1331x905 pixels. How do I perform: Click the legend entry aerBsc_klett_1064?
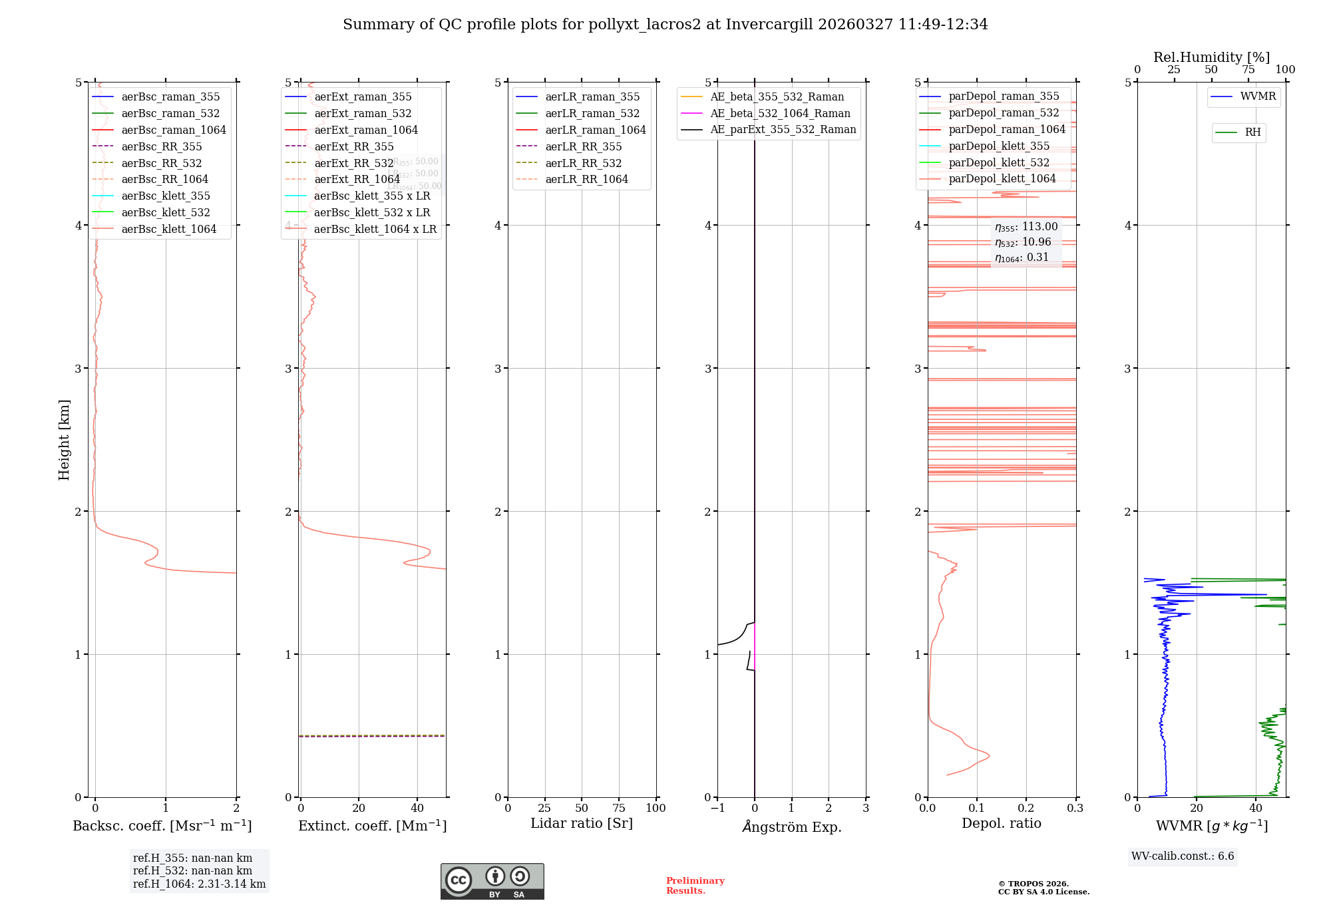tap(168, 229)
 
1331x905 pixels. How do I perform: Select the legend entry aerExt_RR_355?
tap(353, 146)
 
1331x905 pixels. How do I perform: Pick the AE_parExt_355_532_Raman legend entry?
tap(783, 129)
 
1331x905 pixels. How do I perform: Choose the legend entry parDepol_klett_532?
tap(998, 162)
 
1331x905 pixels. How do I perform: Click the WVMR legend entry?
tap(1258, 96)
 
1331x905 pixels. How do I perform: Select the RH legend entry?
tap(1252, 132)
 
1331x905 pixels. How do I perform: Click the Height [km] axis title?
tap(64, 440)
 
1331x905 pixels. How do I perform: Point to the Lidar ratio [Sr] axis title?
tap(581, 823)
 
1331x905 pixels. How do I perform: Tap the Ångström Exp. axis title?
tap(791, 826)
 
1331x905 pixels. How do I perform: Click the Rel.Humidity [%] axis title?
tap(1211, 57)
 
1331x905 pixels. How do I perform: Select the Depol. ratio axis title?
tap(1001, 823)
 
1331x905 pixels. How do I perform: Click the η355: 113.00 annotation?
tap(1026, 227)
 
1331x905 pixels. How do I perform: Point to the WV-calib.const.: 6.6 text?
tap(1182, 856)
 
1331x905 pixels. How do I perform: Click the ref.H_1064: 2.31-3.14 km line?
tap(199, 884)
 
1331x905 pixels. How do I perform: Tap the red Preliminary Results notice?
tap(695, 886)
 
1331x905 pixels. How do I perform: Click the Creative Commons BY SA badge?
tap(492, 881)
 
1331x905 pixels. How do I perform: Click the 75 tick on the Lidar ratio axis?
tap(619, 808)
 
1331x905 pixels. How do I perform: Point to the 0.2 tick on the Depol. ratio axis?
tap(1026, 808)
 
